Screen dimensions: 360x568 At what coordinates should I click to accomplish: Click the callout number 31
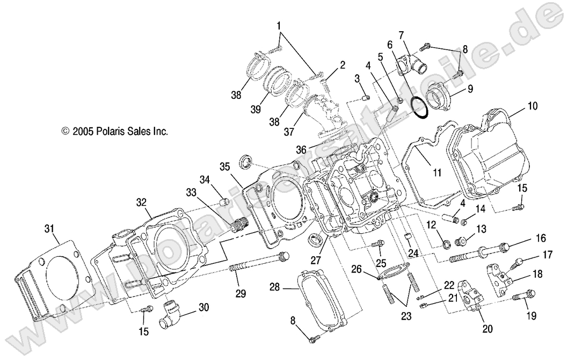[49, 229]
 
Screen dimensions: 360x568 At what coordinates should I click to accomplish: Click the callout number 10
[531, 106]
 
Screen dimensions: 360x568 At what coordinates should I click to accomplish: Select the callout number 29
[241, 293]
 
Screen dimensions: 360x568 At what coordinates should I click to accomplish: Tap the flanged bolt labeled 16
[478, 250]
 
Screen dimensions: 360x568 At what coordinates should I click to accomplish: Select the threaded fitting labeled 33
[238, 225]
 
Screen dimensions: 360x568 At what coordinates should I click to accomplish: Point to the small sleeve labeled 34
[224, 203]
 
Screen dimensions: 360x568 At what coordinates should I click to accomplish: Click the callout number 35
[224, 165]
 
